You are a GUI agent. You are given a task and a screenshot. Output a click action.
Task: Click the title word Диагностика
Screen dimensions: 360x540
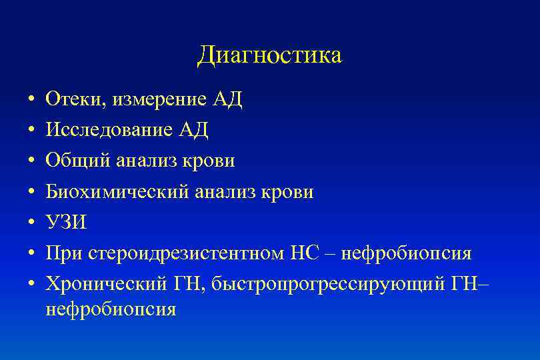[x=269, y=55]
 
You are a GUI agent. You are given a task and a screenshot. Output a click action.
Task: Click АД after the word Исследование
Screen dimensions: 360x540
[x=193, y=131]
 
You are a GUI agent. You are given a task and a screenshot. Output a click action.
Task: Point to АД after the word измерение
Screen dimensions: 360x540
[x=227, y=100]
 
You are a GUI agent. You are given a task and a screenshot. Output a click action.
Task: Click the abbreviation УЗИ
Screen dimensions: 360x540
[x=65, y=223]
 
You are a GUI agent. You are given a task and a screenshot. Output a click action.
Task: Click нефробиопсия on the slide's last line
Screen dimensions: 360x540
[x=110, y=309]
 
